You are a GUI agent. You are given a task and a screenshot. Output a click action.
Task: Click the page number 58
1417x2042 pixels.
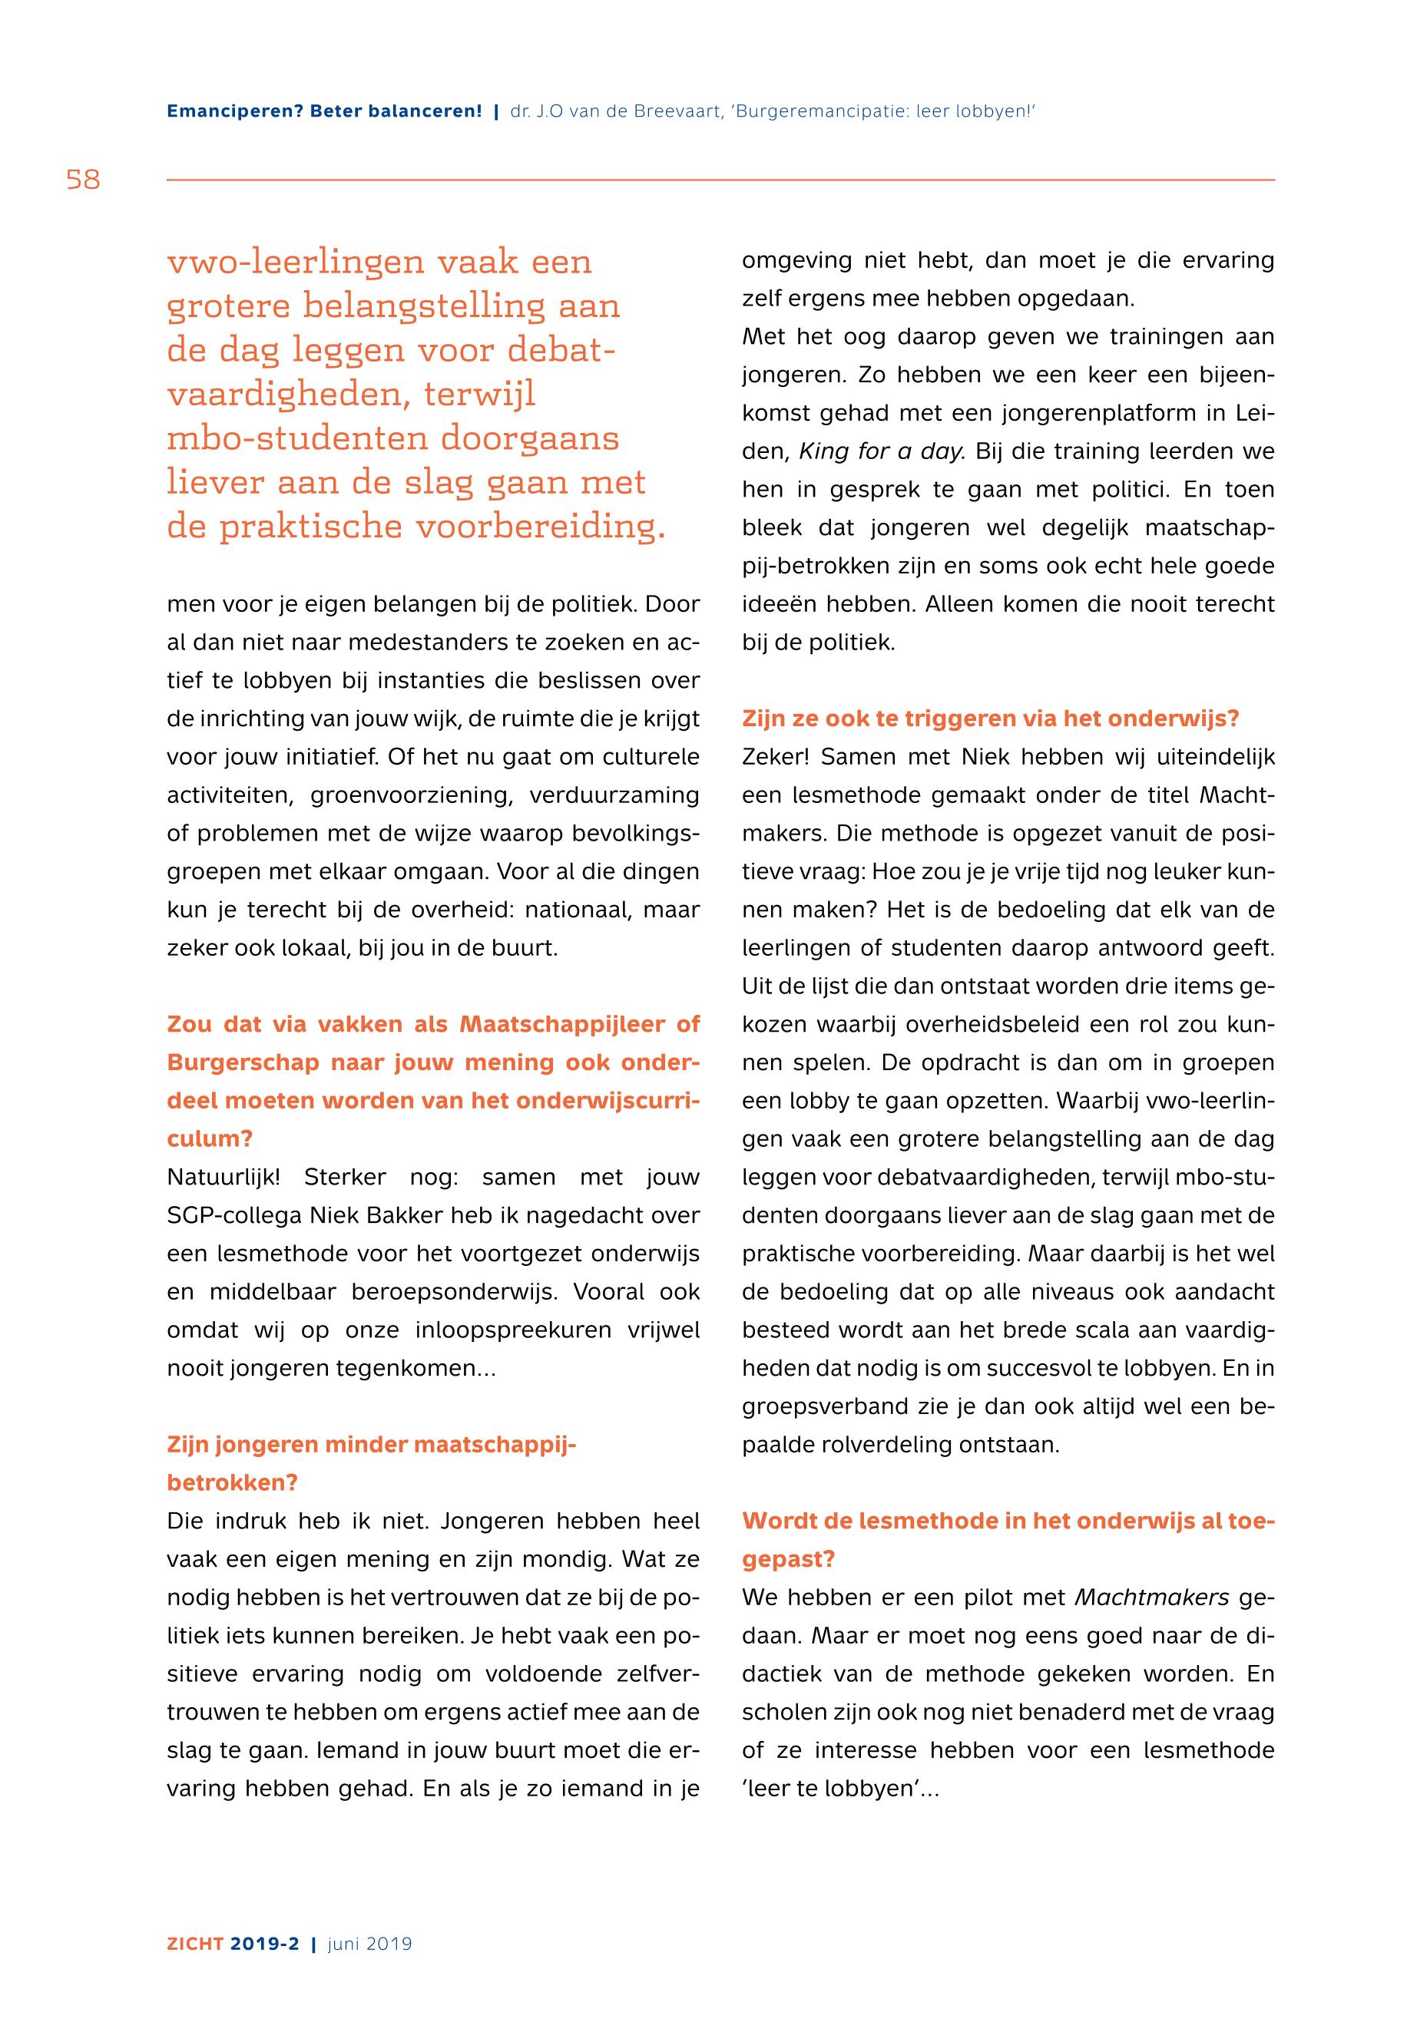click(x=84, y=180)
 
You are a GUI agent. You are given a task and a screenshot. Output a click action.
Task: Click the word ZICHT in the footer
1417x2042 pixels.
click(x=194, y=1944)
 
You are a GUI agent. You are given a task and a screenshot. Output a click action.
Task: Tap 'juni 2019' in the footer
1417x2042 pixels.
click(x=369, y=1944)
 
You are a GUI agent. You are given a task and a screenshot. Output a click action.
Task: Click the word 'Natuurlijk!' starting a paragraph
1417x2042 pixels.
click(x=223, y=1178)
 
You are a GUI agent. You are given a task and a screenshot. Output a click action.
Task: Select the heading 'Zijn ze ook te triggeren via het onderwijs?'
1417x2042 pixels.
click(x=990, y=719)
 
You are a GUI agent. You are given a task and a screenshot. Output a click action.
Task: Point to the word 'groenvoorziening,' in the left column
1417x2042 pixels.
click(x=412, y=795)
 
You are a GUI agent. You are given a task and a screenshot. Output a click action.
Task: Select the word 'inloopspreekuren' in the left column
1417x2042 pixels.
click(x=507, y=1330)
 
